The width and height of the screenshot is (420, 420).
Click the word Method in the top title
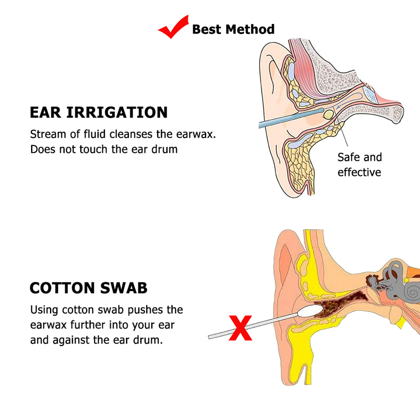(x=250, y=29)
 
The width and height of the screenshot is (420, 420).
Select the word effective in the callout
(x=359, y=172)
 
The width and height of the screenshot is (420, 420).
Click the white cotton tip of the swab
(x=311, y=311)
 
